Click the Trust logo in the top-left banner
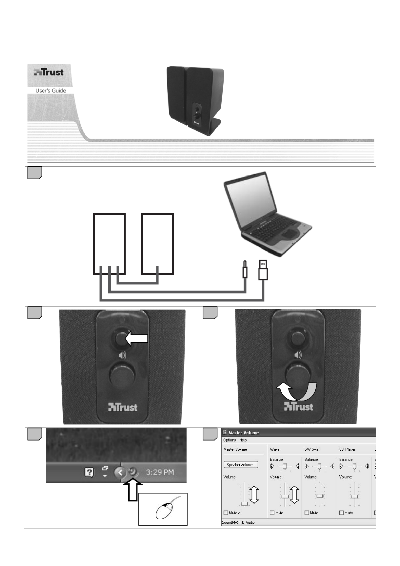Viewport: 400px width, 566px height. [49, 72]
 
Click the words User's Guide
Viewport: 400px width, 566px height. [50, 91]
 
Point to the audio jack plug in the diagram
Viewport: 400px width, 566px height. [245, 270]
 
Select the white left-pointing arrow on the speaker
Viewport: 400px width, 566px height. [137, 338]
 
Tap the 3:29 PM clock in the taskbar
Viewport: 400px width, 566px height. [160, 472]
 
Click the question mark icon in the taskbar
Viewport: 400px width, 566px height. [89, 472]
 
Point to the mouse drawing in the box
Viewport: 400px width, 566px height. [164, 510]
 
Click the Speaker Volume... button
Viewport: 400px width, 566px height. [241, 465]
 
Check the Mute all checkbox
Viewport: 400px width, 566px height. [226, 513]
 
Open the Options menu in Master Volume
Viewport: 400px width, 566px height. [229, 440]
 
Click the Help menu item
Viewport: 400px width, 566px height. [243, 440]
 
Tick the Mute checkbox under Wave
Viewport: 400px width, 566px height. [272, 513]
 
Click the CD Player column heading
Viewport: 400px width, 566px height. [347, 449]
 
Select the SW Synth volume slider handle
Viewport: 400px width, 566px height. [320, 496]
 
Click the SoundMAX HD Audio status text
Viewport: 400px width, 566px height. [238, 522]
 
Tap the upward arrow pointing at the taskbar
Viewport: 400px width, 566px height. [133, 490]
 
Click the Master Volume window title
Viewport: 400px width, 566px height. [243, 433]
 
